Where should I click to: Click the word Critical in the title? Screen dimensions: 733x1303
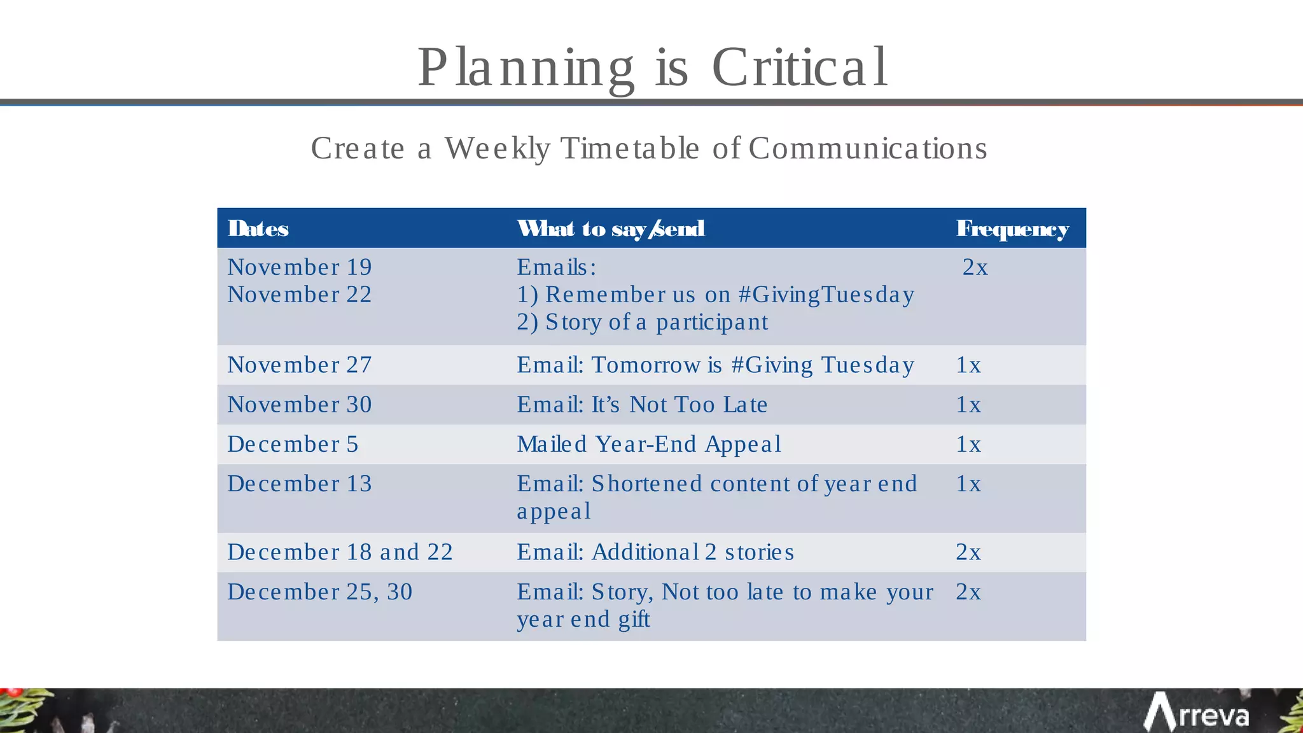799,67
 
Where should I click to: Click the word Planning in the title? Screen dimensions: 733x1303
526,67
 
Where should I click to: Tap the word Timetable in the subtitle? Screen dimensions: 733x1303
630,148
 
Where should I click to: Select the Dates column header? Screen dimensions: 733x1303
258,228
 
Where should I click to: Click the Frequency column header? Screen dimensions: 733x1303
1012,228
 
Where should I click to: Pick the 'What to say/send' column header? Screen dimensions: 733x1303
611,228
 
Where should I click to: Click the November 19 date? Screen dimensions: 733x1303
300,267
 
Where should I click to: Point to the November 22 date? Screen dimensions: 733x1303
300,295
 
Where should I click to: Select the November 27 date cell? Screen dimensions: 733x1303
300,365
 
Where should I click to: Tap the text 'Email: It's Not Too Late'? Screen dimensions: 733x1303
642,405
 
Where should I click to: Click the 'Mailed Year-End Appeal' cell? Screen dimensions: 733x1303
649,444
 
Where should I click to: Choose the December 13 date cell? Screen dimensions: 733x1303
300,484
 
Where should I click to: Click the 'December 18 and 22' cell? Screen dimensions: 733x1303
340,552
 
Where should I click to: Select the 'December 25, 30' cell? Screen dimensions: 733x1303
320,592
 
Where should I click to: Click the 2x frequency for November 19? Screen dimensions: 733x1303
975,267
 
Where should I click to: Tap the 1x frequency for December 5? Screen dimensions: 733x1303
968,444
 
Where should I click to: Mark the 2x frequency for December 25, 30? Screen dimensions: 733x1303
968,592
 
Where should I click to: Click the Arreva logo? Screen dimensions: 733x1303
1196,713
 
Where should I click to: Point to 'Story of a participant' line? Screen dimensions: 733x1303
643,322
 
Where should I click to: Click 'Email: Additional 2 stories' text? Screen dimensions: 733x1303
655,552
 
